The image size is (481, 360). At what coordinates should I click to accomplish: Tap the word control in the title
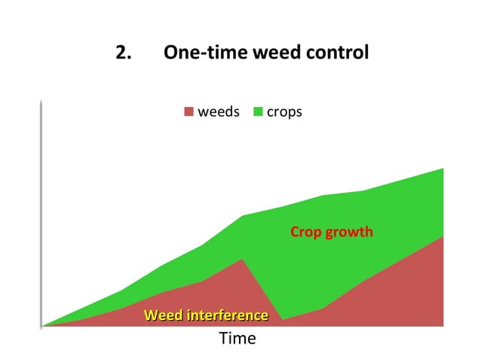coord(336,53)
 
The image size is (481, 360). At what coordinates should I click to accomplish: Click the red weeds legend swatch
coord(188,112)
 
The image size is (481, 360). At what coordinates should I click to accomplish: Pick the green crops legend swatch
coord(259,112)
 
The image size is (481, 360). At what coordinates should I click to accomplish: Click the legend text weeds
coord(218,112)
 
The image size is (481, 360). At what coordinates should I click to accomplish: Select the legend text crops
coord(284,112)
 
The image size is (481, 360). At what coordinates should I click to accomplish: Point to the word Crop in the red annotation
coord(306,232)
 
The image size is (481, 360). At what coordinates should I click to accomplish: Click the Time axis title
coord(237,339)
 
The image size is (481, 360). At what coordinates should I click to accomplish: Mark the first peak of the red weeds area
coord(242,259)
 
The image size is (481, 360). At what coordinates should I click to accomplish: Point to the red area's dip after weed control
coord(282,319)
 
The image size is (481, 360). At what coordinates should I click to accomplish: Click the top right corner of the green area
coord(443,168)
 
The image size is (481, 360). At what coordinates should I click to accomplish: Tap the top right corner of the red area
coord(443,236)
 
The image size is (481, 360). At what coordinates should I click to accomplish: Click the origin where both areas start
coord(42,326)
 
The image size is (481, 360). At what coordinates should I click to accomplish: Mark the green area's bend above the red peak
coord(242,216)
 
